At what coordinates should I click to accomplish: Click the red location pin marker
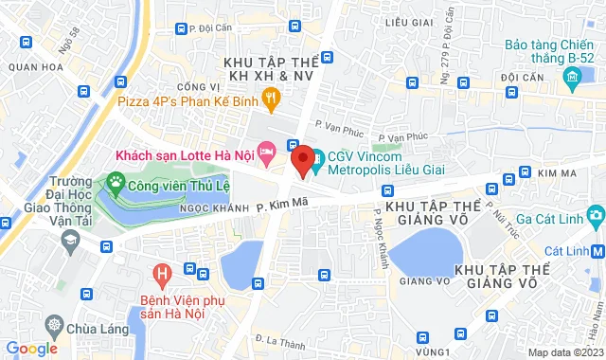[302, 159]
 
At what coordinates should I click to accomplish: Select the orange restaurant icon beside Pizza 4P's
[272, 96]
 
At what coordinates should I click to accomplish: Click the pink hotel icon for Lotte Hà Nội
[267, 151]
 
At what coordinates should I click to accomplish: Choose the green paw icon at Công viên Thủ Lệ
[116, 180]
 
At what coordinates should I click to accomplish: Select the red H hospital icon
[163, 276]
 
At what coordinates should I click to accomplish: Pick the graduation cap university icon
[69, 242]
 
